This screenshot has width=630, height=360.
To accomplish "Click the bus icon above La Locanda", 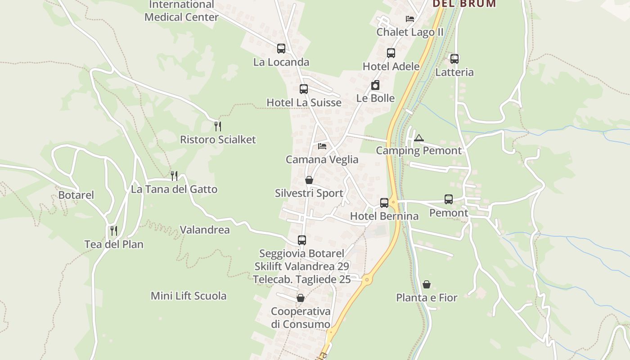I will point(281,49).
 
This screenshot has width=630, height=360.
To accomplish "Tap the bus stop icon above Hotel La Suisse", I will point(304,89).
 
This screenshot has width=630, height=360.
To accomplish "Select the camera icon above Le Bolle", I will point(375,85).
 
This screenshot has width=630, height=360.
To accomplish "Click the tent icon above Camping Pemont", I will point(419,138).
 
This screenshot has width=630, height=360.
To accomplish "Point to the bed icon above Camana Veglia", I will point(322,146).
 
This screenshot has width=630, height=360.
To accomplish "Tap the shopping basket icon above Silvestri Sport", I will point(309,180).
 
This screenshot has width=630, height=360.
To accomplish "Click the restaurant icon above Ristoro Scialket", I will point(218,126).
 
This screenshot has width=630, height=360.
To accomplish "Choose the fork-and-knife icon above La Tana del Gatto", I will point(174,175).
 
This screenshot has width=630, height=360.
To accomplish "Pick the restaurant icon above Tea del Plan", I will point(114,231).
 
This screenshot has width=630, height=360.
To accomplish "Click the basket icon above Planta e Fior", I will point(426,284).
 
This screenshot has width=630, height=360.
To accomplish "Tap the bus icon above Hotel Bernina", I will point(384,203).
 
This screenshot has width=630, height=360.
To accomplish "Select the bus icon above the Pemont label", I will point(449,199).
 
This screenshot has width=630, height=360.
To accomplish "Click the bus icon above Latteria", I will point(454,59).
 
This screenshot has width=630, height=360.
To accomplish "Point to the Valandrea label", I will point(205,230).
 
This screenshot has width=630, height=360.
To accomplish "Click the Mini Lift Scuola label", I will point(189,296).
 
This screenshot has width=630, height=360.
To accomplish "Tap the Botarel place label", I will point(76,195).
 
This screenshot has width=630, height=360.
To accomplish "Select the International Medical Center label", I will point(181,11).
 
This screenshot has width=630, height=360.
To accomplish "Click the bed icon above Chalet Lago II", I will point(410,19).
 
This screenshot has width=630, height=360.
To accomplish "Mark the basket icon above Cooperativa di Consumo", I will point(301,298).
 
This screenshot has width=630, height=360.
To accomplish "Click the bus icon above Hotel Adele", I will point(391,53).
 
